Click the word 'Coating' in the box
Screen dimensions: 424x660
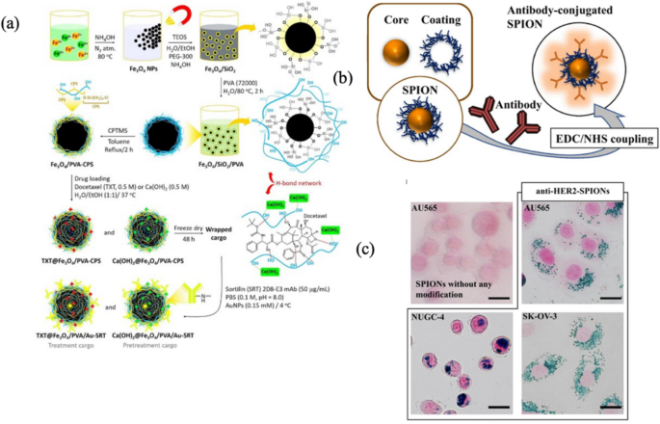coord(479,19)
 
